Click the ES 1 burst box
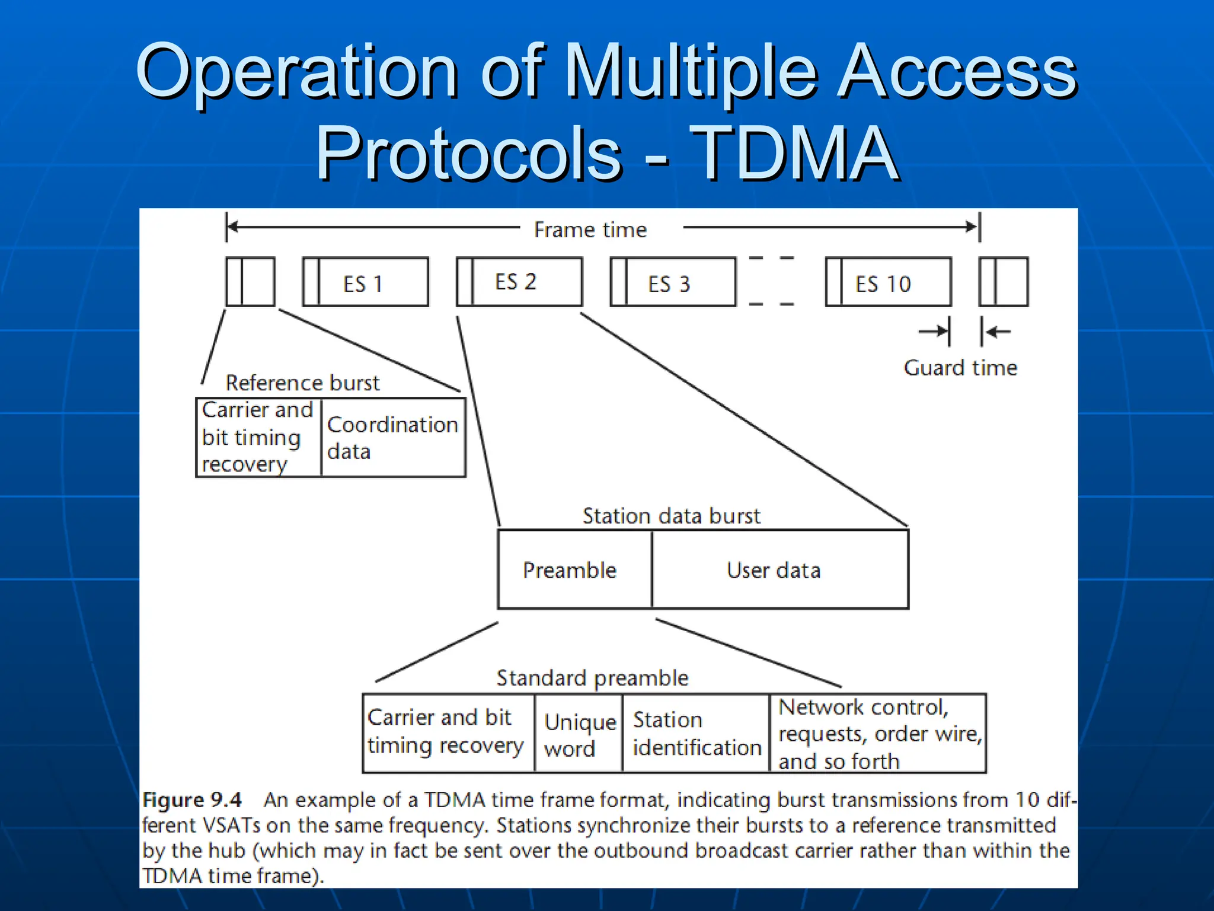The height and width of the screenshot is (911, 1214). [x=366, y=282]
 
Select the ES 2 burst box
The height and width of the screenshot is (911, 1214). [x=519, y=282]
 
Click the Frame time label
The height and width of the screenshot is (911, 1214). [x=590, y=230]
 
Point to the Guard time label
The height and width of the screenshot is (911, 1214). [x=960, y=368]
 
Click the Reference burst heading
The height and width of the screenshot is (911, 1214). [x=302, y=383]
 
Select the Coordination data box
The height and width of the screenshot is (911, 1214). [x=393, y=438]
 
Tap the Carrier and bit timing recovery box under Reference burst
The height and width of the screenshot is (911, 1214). [x=258, y=438]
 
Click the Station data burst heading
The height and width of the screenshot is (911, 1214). [x=671, y=516]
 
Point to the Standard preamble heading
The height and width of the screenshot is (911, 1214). [x=592, y=678]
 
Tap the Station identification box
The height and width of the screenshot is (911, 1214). [x=696, y=734]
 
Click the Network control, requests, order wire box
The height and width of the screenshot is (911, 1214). [x=878, y=734]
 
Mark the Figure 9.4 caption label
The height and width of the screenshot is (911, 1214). [x=192, y=800]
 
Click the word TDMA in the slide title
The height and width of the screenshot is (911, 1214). [x=794, y=154]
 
